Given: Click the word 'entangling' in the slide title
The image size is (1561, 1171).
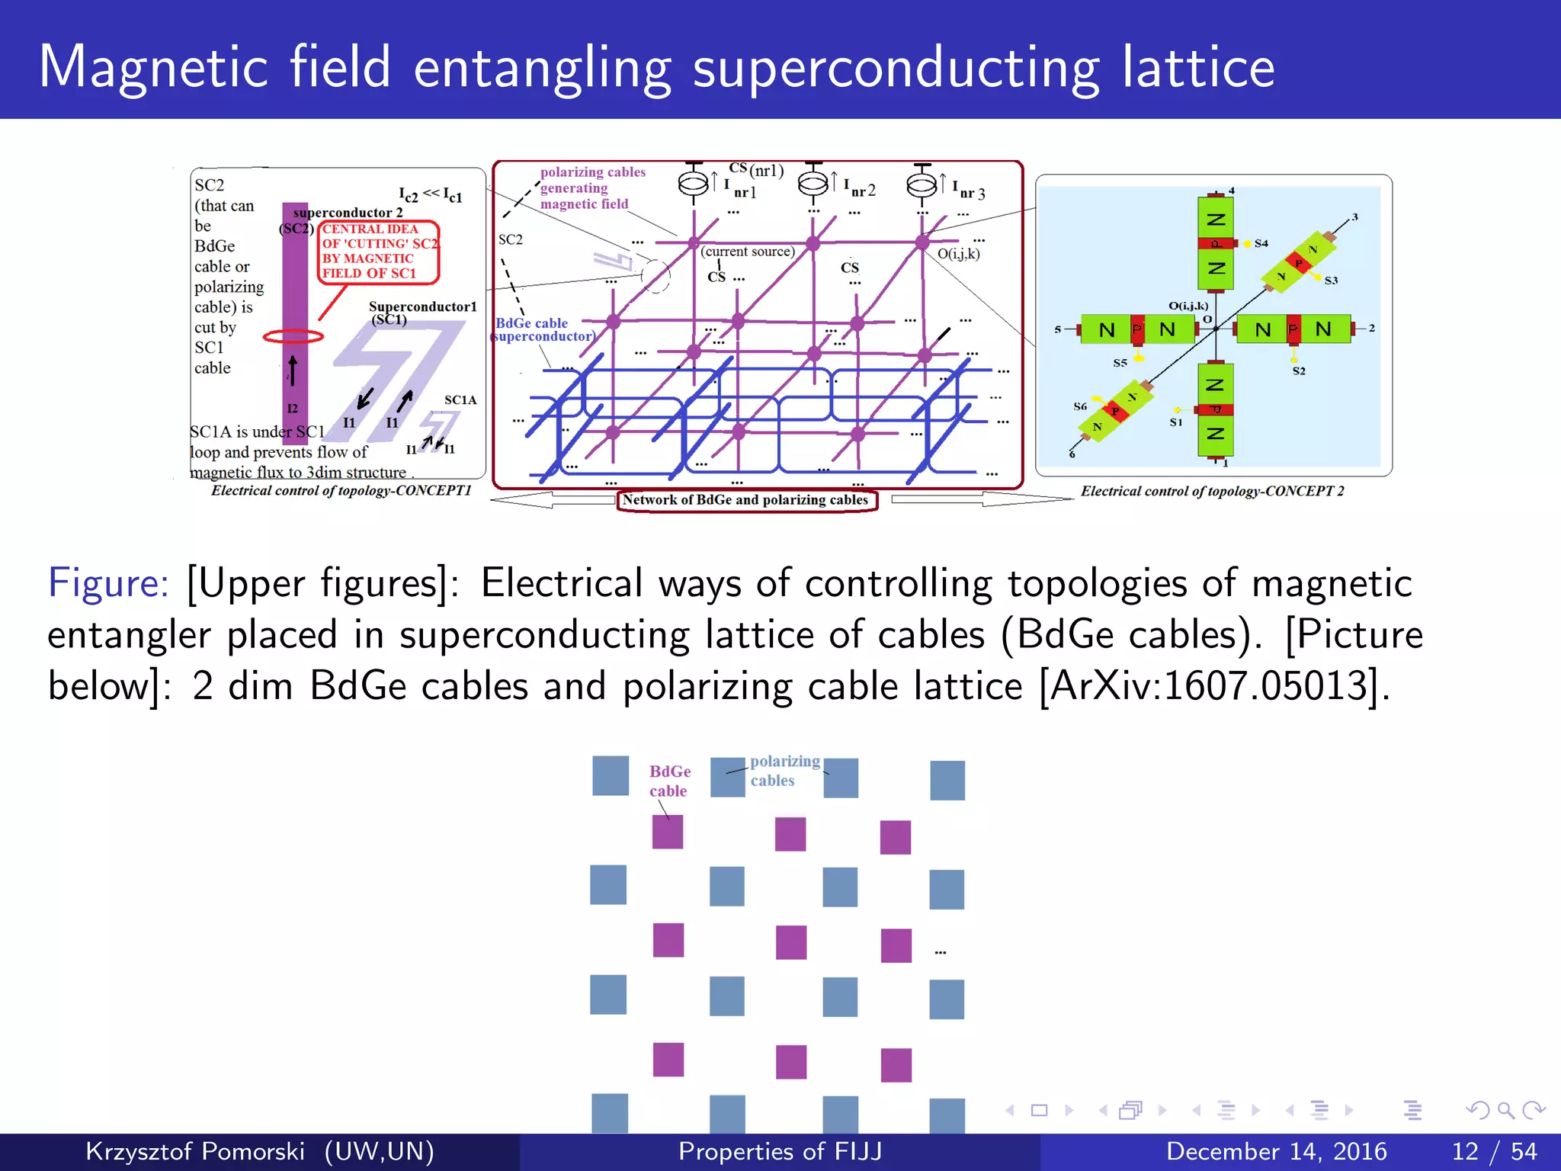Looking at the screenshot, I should tap(542, 69).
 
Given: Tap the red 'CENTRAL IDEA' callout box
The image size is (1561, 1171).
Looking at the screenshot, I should tap(379, 252).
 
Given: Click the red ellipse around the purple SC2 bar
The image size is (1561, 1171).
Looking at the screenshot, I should tap(293, 336).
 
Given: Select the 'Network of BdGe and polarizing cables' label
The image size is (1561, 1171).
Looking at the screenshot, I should tap(746, 500).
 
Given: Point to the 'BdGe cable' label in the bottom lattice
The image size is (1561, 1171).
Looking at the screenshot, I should tap(669, 781).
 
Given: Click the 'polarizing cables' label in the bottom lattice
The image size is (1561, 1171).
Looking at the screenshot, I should tap(784, 771).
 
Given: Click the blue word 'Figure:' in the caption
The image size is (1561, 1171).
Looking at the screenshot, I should tap(107, 583).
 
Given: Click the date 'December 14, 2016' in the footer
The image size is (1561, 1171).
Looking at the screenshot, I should tap(1276, 1151).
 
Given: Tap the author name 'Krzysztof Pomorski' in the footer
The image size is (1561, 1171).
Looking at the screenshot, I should tap(195, 1151).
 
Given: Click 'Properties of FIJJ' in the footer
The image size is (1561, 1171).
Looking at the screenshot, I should tap(780, 1151).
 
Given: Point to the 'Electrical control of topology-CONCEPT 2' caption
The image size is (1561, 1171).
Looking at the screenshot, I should tap(1212, 492).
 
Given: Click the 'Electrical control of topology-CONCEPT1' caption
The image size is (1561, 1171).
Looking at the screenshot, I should tap(341, 491).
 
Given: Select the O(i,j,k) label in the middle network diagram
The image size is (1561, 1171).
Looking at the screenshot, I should tap(958, 254).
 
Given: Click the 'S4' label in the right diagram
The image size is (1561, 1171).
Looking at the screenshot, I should tap(1261, 243).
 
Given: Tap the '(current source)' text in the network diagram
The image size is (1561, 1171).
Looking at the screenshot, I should tap(748, 252).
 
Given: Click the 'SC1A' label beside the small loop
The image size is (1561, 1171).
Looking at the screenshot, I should tap(460, 400).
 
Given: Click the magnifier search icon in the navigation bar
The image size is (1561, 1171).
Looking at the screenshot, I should tap(1505, 1111).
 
